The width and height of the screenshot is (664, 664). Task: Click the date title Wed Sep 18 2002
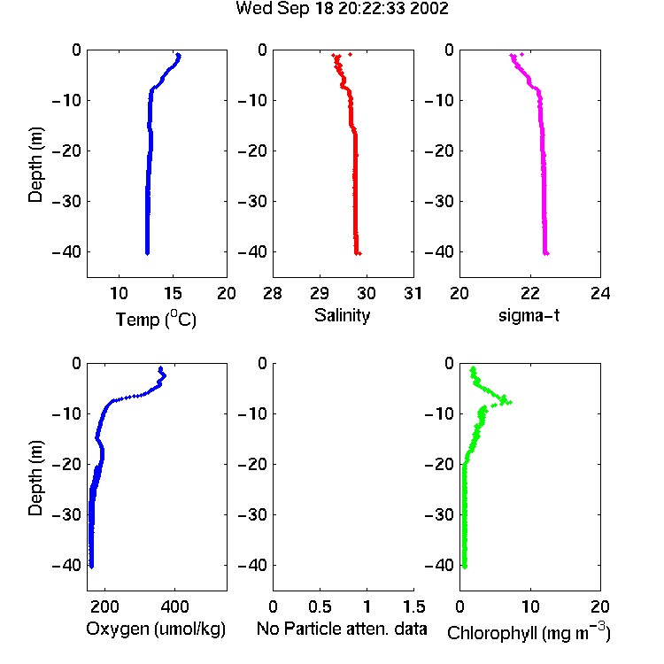pyautogui.click(x=342, y=9)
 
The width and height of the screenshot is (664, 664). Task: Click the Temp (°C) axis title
pyautogui.click(x=156, y=319)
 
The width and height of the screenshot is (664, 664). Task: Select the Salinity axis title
pyautogui.click(x=342, y=315)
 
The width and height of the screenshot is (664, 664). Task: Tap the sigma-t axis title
pyautogui.click(x=529, y=315)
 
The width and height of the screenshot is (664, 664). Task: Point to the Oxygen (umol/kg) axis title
pyautogui.click(x=156, y=629)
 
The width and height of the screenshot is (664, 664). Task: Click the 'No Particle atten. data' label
pyautogui.click(x=342, y=629)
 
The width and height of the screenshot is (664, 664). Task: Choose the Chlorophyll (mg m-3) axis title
pyautogui.click(x=529, y=632)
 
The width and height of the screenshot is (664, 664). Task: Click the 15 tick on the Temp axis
pyautogui.click(x=173, y=293)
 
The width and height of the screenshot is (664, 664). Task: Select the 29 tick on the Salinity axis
pyautogui.click(x=320, y=293)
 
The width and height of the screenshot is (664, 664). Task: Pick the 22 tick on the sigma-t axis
pyautogui.click(x=530, y=293)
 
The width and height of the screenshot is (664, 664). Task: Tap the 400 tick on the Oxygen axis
pyautogui.click(x=175, y=606)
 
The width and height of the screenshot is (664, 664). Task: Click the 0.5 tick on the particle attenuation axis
pyautogui.click(x=320, y=606)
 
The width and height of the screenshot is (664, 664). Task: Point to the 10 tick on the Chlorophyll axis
pyautogui.click(x=530, y=606)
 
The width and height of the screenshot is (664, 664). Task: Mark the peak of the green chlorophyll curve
pyautogui.click(x=510, y=402)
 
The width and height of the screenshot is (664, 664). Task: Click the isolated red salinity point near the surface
pyautogui.click(x=351, y=54)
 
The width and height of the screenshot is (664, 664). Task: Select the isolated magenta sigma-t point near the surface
pyautogui.click(x=521, y=54)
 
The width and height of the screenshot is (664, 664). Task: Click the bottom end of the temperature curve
pyautogui.click(x=147, y=253)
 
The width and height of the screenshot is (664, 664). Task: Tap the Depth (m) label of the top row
pyautogui.click(x=35, y=165)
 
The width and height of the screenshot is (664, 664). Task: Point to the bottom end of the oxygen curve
pyautogui.click(x=91, y=567)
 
